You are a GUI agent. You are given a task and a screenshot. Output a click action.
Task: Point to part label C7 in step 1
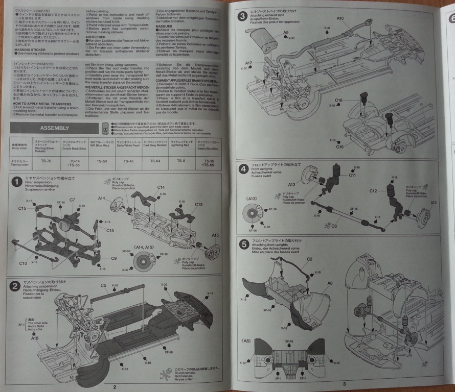click(x=72, y=200)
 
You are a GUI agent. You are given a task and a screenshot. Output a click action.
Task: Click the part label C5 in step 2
click(x=103, y=285)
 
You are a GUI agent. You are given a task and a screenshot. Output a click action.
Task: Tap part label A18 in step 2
click(x=34, y=338)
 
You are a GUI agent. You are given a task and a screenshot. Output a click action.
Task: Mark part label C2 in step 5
click(x=310, y=259)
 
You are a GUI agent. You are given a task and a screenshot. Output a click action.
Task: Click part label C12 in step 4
click(x=373, y=191)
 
